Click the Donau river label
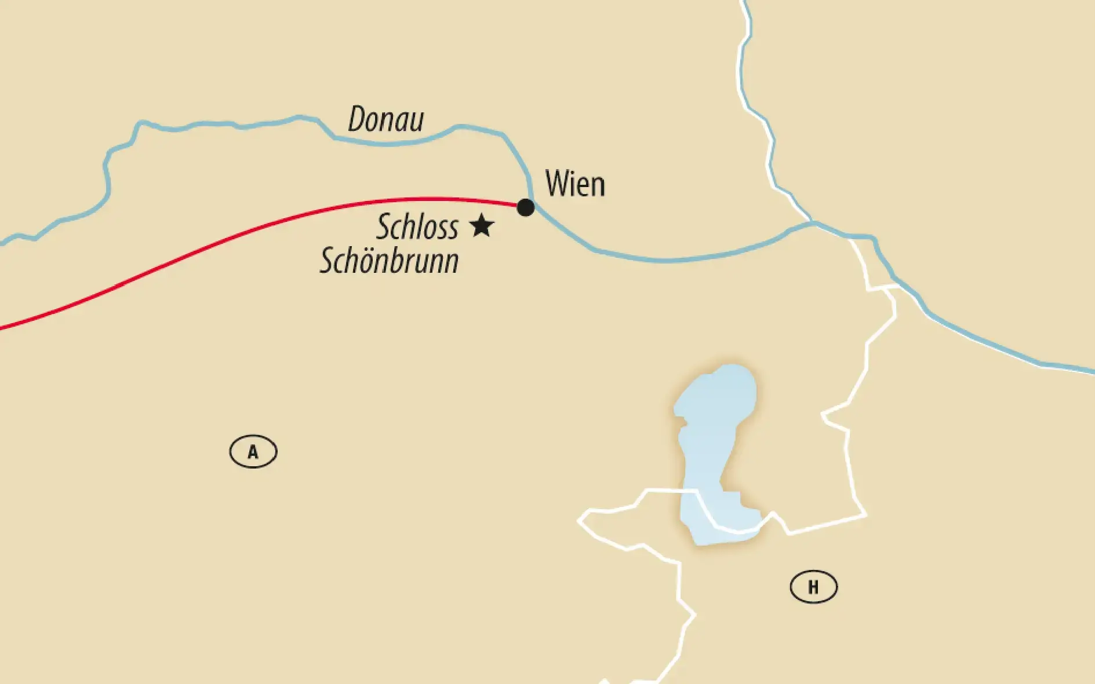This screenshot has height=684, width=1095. (385, 120)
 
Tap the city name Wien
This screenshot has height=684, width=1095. (575, 184)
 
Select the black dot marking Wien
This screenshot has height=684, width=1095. (525, 207)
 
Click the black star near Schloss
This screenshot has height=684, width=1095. (481, 225)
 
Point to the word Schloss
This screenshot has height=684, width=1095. (417, 226)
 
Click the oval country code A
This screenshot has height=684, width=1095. (253, 452)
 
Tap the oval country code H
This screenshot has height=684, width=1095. (813, 587)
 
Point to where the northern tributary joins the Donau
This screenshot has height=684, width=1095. (813, 222)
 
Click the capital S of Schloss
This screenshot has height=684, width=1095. (383, 226)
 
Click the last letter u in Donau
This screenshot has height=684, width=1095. (416, 122)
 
